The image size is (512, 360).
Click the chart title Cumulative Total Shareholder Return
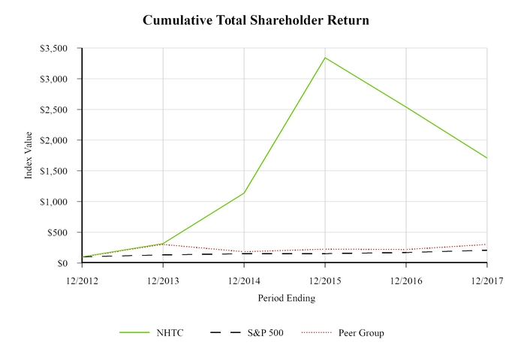pyautogui.click(x=256, y=20)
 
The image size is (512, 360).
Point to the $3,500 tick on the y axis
pyautogui.click(x=54, y=48)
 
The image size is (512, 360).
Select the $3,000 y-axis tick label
pyautogui.click(x=54, y=79)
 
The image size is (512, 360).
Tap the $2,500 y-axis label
pyautogui.click(x=54, y=109)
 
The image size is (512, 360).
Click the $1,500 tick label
pyautogui.click(x=54, y=171)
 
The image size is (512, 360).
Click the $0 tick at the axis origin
pyautogui.click(x=64, y=263)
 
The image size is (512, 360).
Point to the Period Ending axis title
pyautogui.click(x=286, y=298)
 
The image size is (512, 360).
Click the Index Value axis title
pyautogui.click(x=29, y=155)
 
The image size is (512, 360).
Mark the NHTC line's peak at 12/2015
pyautogui.click(x=324, y=58)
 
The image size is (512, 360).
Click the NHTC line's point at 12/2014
pyautogui.click(x=243, y=193)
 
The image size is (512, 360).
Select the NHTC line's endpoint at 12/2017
pyautogui.click(x=486, y=158)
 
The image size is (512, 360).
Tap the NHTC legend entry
pyautogui.click(x=160, y=333)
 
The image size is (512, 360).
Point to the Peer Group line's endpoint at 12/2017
pyautogui.click(x=486, y=244)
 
